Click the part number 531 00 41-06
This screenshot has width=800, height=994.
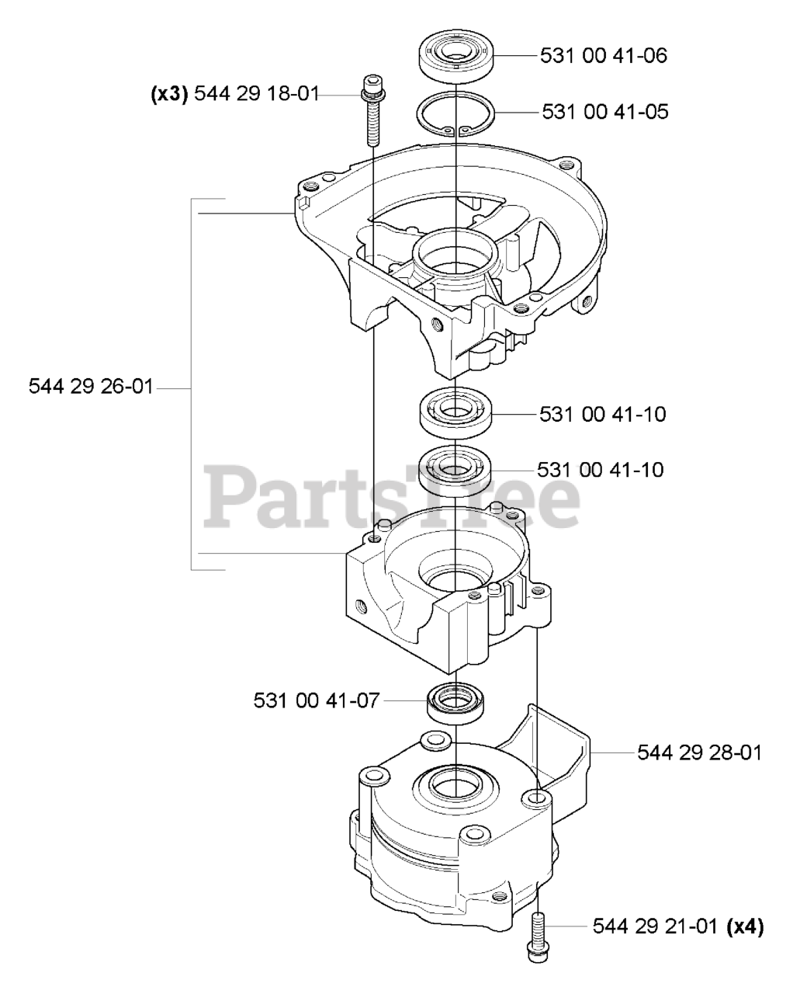604,56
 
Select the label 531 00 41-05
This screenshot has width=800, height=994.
604,111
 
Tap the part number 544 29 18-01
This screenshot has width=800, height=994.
256,94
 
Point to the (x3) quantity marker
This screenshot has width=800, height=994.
168,94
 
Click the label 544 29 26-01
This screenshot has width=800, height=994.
91,386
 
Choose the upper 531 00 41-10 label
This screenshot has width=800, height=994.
602,414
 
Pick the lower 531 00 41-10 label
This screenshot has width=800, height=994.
600,470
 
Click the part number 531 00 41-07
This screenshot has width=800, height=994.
317,700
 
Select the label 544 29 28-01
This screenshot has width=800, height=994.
699,752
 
